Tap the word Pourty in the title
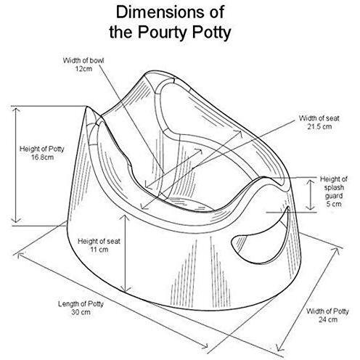(163, 32)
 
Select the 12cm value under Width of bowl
(83, 69)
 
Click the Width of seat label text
(319, 118)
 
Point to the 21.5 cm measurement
(319, 126)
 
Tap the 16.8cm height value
(42, 157)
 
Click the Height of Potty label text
(42, 149)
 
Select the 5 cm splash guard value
(334, 204)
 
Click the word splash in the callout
(334, 187)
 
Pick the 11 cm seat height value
(99, 250)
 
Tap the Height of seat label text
(99, 241)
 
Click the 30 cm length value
(81, 312)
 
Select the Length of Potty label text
(81, 304)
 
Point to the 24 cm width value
(328, 319)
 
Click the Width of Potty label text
(327, 311)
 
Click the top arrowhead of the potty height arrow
(16, 110)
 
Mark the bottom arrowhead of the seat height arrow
(126, 288)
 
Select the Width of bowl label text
(83, 60)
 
